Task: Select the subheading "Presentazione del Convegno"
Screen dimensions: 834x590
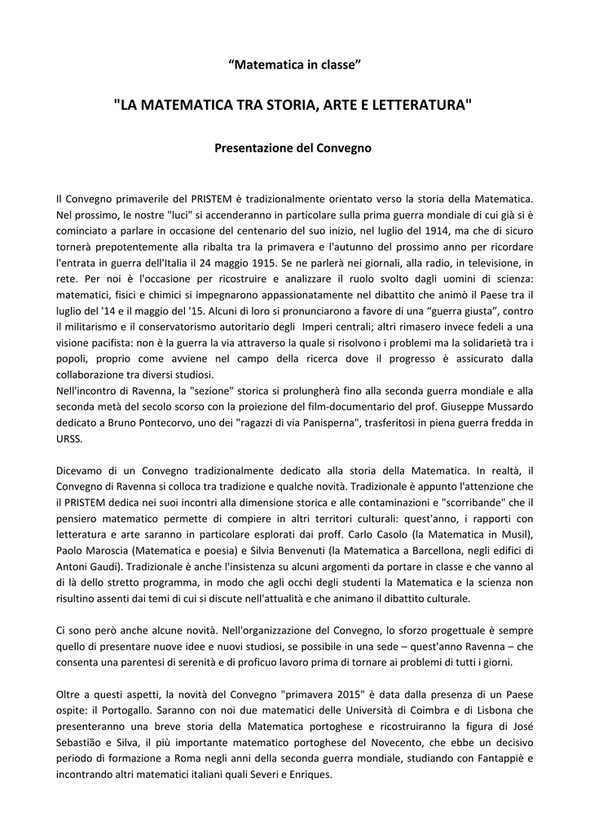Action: pos(293,148)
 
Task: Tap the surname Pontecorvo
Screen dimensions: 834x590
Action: pos(170,424)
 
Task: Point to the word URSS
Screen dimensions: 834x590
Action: pos(68,439)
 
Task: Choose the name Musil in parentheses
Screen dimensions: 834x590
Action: pos(511,534)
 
